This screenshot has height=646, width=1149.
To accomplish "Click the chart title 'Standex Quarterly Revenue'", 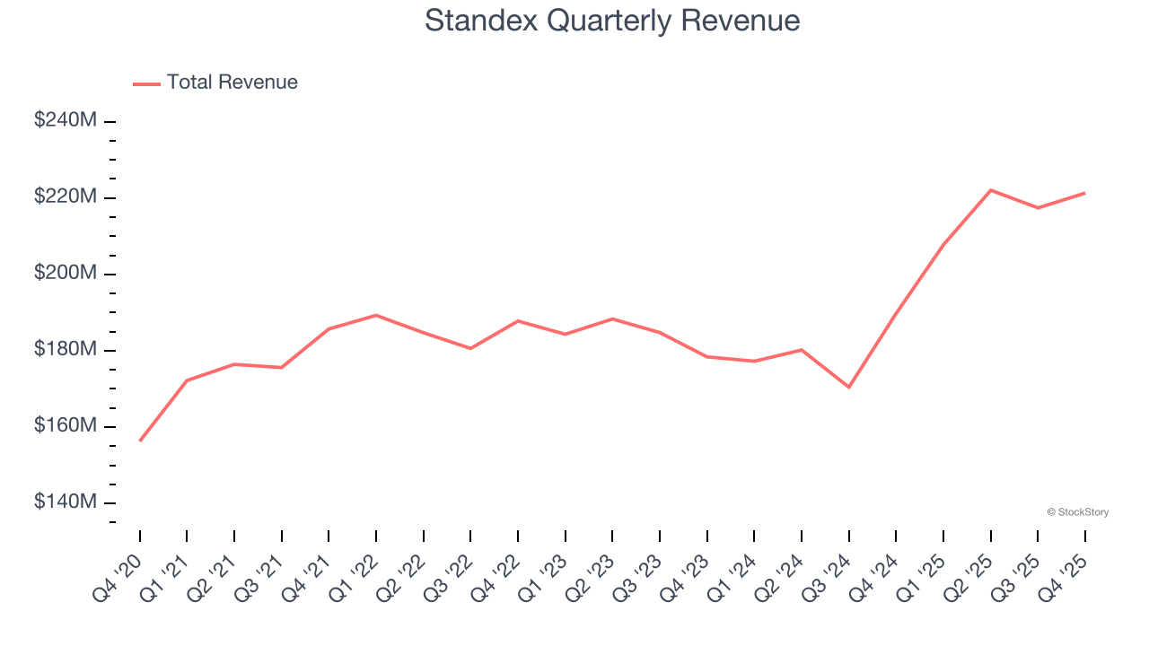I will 611,20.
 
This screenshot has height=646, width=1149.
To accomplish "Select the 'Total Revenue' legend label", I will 232,83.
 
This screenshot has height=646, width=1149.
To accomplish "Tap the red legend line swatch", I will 146,83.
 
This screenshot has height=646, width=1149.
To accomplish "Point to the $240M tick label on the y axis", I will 65,120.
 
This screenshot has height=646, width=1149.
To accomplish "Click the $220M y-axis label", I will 65,196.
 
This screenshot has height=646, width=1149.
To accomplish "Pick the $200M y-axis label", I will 65,273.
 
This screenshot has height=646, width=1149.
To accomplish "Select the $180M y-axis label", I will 65,349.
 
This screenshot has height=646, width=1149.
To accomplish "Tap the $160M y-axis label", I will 65,425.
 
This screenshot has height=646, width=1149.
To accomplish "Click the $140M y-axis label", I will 65,502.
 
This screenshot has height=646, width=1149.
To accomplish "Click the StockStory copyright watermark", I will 1077,512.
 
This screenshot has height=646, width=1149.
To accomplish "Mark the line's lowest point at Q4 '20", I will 140,441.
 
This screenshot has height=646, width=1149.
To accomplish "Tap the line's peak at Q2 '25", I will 990,190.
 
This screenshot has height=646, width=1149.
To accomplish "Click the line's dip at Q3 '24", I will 848,387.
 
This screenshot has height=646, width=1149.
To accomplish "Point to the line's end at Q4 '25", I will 1084,193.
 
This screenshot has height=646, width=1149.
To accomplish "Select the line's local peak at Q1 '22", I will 376,315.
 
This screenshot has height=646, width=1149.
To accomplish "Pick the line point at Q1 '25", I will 943,245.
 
